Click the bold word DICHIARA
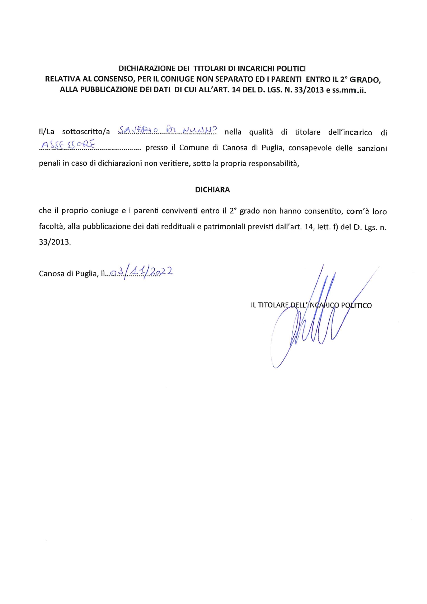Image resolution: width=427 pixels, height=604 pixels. point(212,190)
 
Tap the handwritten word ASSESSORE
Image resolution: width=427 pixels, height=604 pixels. point(68,145)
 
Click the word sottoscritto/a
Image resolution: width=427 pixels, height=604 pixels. point(86,132)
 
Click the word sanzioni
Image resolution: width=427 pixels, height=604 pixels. point(372,148)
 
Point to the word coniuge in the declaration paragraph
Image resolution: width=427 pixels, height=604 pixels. point(105,211)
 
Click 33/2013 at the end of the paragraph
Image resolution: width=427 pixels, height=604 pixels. point(55,242)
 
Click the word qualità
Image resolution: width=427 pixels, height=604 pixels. point(261,132)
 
